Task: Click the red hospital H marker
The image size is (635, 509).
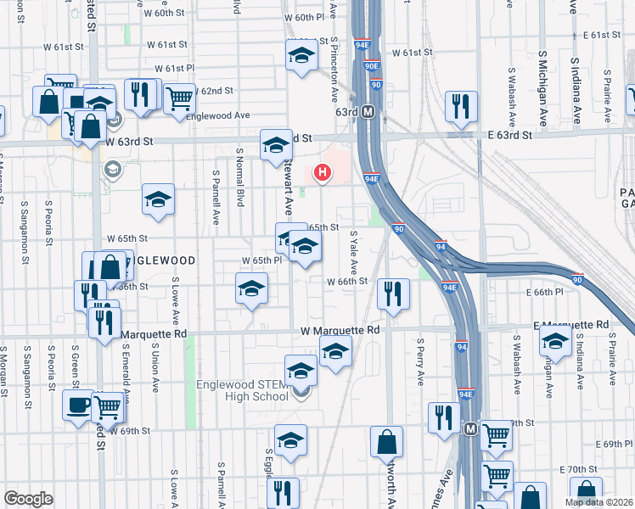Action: (322, 173)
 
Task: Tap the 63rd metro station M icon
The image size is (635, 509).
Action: (368, 111)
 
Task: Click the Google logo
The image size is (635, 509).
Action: (28, 499)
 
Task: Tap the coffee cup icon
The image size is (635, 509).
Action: (78, 404)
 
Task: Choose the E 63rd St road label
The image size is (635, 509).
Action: (503, 135)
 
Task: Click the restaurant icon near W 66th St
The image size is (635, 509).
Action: (393, 293)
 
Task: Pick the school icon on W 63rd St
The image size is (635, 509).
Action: (276, 145)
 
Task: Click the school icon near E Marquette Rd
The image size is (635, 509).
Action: (555, 342)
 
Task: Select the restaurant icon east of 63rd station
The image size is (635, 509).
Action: (461, 106)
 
